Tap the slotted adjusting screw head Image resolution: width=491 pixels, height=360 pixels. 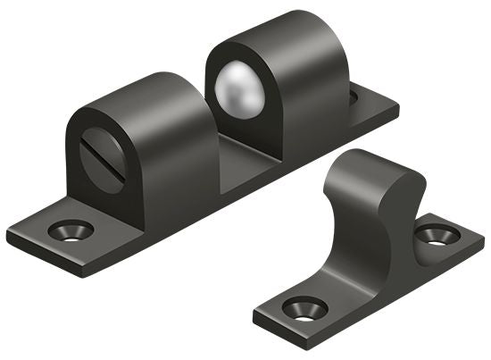101,160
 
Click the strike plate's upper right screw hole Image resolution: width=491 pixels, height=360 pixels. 437,236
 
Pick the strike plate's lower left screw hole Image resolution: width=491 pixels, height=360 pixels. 304,308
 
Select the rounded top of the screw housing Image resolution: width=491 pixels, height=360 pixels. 143,89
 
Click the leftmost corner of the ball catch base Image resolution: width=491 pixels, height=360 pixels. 9,239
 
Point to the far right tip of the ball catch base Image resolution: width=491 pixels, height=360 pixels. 397,111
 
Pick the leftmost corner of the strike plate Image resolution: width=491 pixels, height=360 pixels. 255,314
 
